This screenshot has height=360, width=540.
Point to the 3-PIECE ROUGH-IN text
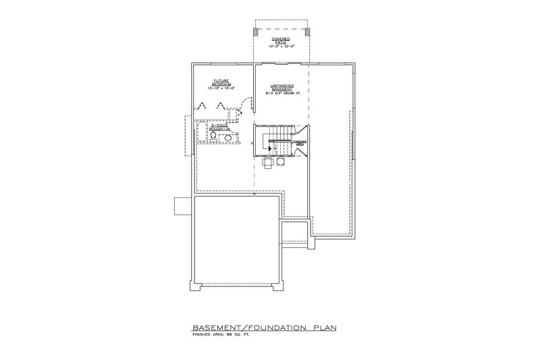pyautogui.click(x=219, y=127)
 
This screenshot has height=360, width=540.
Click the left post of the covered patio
pyautogui.click(x=255, y=32)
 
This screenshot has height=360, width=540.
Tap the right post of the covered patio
pyautogui.click(x=307, y=32)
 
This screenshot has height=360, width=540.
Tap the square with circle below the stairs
pyautogui.click(x=268, y=162)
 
